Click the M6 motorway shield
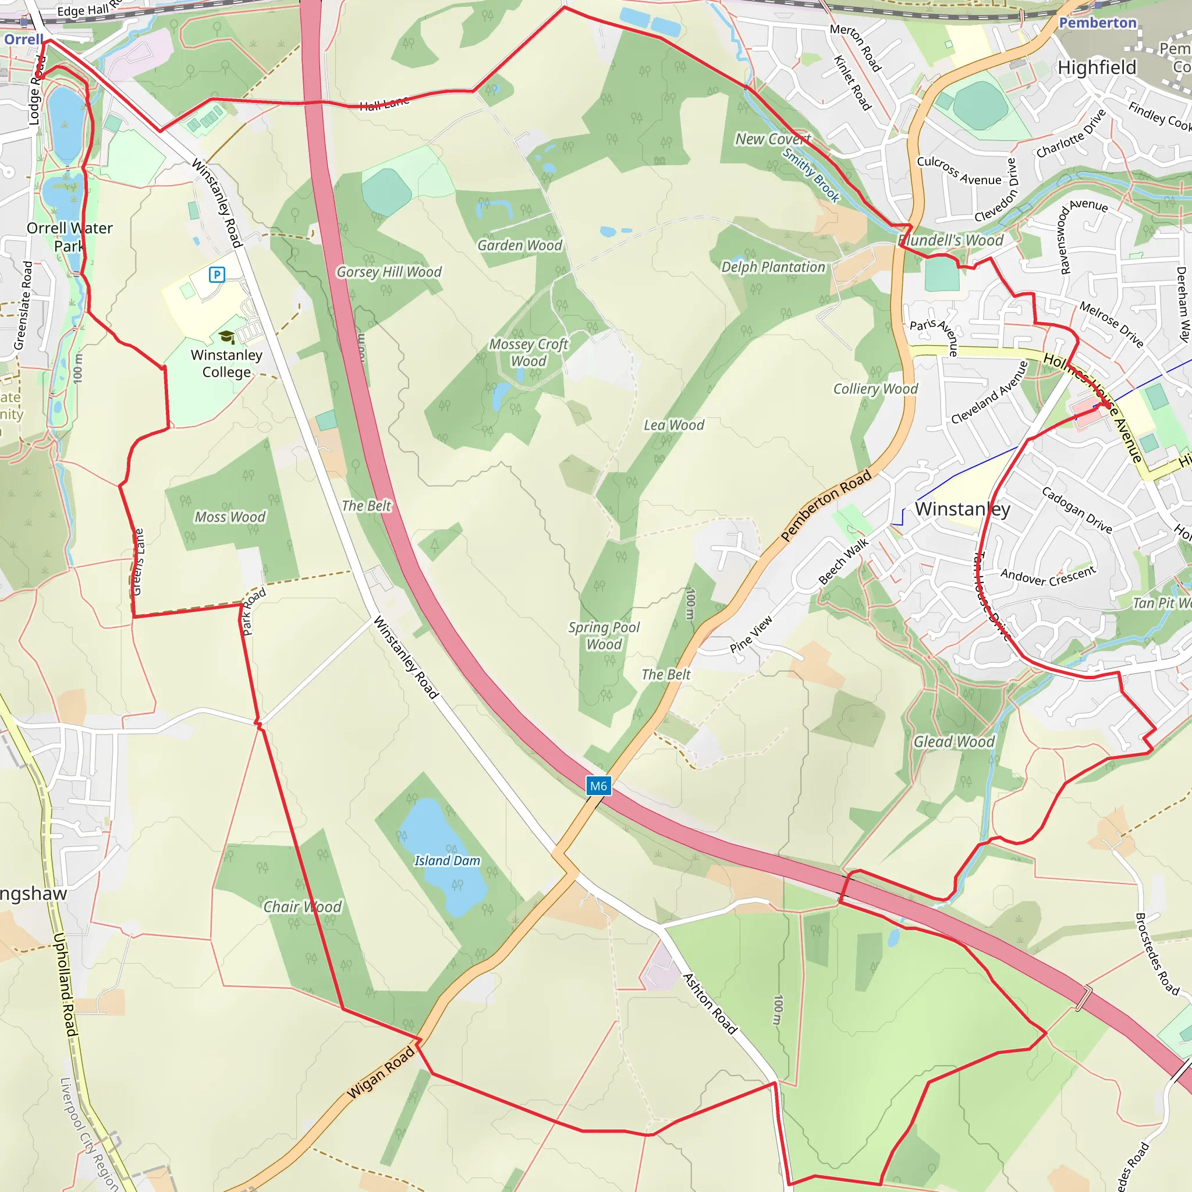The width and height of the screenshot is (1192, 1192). [x=598, y=785]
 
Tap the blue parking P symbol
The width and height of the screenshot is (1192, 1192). [x=217, y=275]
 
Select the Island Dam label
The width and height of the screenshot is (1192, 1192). [x=446, y=861]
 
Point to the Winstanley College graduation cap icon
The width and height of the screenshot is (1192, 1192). [x=226, y=337]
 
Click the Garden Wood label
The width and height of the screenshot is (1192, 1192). [x=520, y=246]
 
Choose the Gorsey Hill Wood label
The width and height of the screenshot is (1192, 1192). [x=389, y=272]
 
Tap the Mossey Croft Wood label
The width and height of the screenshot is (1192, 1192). [x=528, y=353]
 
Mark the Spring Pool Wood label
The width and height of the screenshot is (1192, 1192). [x=604, y=636]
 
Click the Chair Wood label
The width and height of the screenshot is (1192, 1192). [x=302, y=907]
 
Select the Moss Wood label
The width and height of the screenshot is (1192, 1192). [x=230, y=517]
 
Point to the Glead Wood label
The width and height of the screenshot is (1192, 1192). [x=954, y=742]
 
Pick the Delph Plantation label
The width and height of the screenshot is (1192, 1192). [x=773, y=267]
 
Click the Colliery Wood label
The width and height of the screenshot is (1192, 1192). [x=875, y=389]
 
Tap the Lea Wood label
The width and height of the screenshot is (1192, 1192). [x=674, y=425]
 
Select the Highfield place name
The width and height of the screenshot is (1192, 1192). [x=1097, y=68]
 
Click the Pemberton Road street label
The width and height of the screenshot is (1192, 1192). [x=826, y=505]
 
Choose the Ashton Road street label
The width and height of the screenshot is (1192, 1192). [x=710, y=1004]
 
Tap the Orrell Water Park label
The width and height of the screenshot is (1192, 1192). [x=69, y=237]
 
